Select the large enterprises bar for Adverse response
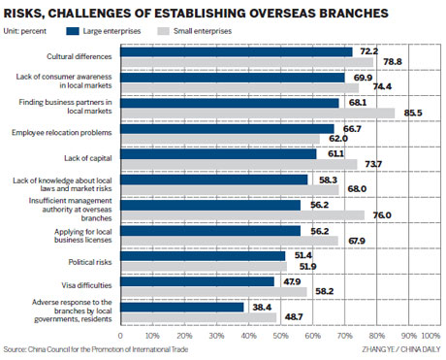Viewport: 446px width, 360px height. tap(184, 306)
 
